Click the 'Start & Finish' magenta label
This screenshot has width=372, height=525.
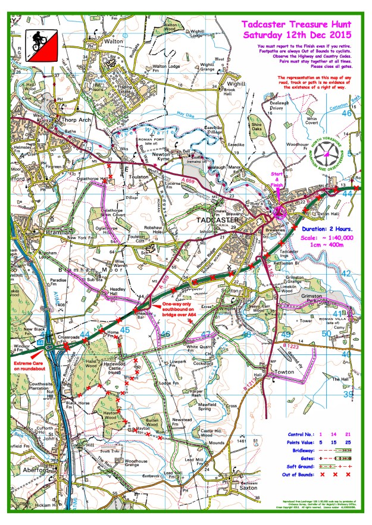click(x=277, y=180)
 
